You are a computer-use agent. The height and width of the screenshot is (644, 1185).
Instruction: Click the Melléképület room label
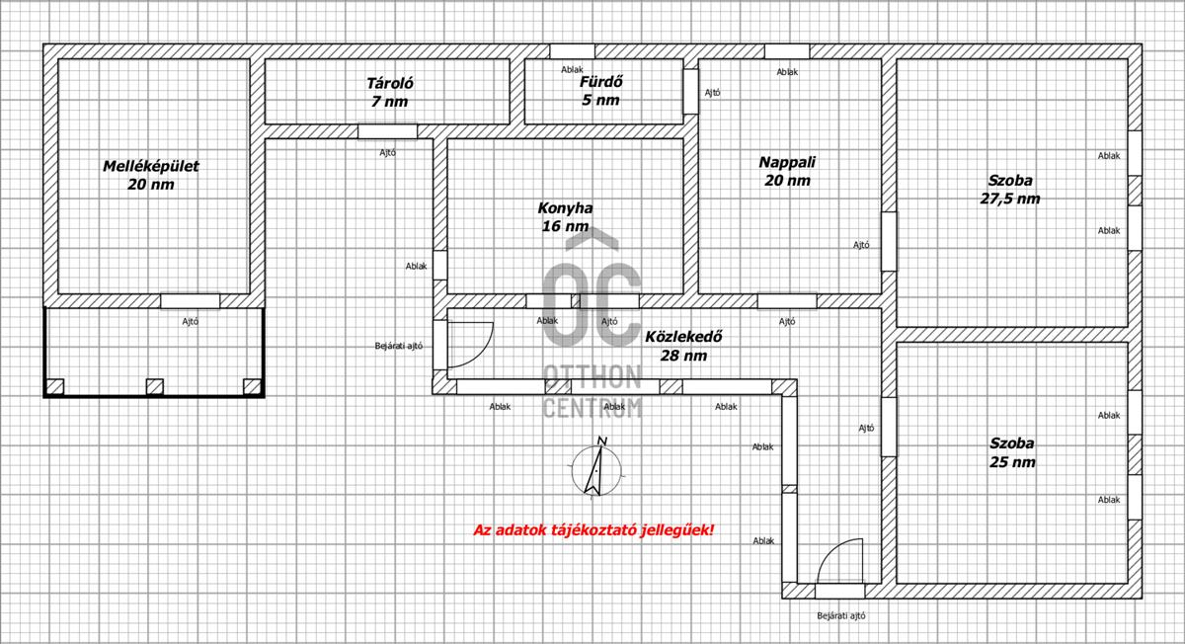pyautogui.click(x=151, y=175)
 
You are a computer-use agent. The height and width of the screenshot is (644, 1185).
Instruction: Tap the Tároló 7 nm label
pyautogui.click(x=390, y=92)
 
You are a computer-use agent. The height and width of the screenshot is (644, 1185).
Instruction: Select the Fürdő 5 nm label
pyautogui.click(x=600, y=91)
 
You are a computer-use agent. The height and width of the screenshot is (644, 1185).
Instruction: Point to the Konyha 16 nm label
pyautogui.click(x=565, y=217)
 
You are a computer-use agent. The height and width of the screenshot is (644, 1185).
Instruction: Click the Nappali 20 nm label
pyautogui.click(x=787, y=171)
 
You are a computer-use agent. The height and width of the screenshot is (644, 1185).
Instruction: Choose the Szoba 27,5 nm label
pyautogui.click(x=1010, y=190)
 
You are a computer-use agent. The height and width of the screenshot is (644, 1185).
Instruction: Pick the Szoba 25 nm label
pyautogui.click(x=1012, y=452)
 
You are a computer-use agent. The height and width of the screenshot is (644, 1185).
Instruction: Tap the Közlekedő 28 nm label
pyautogui.click(x=683, y=346)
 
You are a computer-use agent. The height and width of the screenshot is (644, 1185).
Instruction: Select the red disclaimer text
pyautogui.click(x=593, y=529)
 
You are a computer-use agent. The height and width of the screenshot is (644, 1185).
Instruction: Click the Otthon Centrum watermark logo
pyautogui.click(x=592, y=323)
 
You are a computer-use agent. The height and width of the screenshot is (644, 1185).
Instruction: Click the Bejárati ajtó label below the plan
pyautogui.click(x=841, y=616)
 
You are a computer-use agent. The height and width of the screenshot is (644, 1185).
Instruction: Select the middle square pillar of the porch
pyautogui.click(x=154, y=387)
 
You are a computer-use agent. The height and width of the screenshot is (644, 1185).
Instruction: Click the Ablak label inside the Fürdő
pyautogui.click(x=572, y=69)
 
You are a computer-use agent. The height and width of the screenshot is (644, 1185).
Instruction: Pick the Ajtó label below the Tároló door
pyautogui.click(x=387, y=152)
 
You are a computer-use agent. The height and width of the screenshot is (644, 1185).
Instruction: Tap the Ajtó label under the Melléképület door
pyautogui.click(x=190, y=321)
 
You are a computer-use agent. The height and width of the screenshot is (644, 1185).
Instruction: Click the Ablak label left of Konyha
pyautogui.click(x=416, y=266)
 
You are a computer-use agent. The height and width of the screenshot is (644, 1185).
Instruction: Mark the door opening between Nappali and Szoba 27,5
pyautogui.click(x=890, y=241)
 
